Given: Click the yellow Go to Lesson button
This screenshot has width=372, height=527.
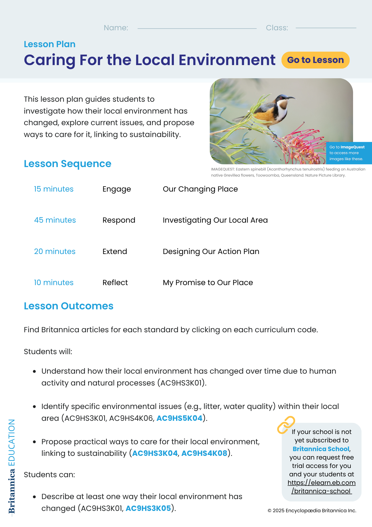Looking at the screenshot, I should (x=315, y=60).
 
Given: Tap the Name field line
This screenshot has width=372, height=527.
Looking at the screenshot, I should (x=197, y=28).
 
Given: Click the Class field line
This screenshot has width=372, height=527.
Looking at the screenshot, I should (x=326, y=28).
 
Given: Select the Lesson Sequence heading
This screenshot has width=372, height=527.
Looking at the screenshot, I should (x=68, y=164).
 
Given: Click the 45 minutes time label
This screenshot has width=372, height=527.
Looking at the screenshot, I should (x=55, y=220).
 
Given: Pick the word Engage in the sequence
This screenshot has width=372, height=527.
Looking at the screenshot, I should (x=117, y=189).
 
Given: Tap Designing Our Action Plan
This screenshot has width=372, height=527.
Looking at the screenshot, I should (x=211, y=251).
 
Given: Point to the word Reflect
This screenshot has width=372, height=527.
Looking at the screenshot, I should (x=115, y=282).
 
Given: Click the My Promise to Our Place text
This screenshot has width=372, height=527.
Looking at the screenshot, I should (x=208, y=282).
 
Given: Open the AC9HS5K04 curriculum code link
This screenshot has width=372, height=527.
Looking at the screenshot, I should (x=179, y=418).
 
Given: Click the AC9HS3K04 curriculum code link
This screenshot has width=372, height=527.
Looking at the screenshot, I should (x=155, y=453).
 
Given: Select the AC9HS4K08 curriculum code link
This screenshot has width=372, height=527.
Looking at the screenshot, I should (x=204, y=453).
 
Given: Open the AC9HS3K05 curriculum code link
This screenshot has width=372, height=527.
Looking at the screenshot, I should (x=148, y=508).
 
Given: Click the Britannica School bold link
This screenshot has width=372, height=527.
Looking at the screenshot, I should (x=321, y=449).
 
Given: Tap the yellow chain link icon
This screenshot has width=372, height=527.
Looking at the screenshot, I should (x=286, y=425).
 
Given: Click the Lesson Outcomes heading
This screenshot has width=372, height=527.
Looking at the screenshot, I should (x=69, y=306).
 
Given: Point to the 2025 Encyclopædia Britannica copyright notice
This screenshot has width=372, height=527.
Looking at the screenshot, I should (x=312, y=511).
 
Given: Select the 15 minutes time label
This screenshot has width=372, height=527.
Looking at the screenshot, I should (x=54, y=189).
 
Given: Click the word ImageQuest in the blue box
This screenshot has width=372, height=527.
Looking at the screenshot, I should (x=353, y=147).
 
